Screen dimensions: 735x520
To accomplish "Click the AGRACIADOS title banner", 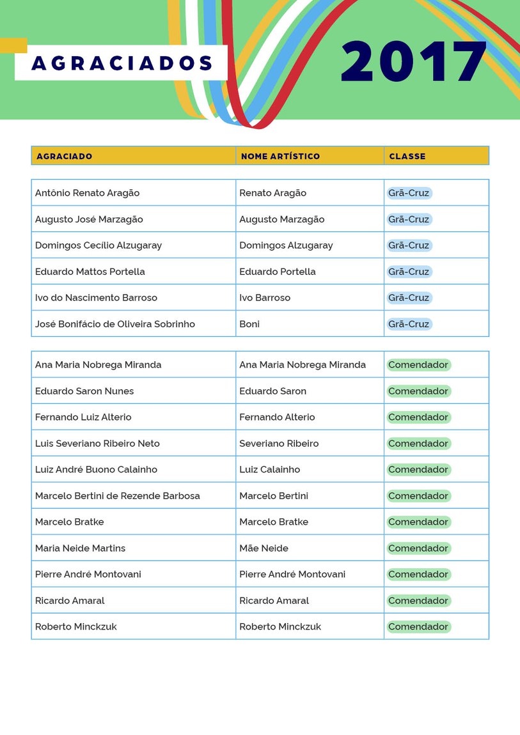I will [122, 63].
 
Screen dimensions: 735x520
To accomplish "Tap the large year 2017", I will [414, 62].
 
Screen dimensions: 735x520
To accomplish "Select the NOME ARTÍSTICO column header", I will [280, 156].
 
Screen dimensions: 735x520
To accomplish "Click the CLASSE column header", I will [407, 156].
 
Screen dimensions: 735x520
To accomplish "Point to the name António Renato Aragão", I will [87, 193].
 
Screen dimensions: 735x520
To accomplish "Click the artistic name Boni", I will [249, 324].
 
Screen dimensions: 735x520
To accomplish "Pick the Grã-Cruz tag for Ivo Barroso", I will [409, 298].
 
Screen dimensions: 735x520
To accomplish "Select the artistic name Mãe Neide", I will [264, 548].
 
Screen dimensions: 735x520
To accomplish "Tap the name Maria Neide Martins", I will [80, 548].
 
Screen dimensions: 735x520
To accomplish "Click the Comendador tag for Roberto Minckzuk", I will [418, 627].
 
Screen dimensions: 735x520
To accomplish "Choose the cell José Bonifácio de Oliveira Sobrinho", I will [115, 324].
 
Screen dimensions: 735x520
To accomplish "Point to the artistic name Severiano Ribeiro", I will [279, 444].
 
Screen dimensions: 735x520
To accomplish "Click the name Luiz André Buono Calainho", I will [96, 470].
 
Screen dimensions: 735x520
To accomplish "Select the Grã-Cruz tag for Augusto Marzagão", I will [409, 219].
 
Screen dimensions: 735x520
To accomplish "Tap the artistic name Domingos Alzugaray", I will [286, 245].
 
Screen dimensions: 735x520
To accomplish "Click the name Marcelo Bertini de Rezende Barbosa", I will [118, 496].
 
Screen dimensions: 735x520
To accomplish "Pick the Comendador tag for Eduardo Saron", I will [418, 391].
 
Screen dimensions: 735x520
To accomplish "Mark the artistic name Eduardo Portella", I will [278, 272].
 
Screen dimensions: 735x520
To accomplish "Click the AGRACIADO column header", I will [64, 156].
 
